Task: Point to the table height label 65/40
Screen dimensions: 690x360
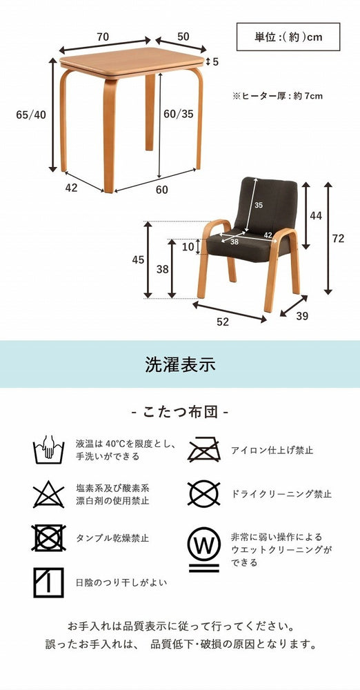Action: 30,115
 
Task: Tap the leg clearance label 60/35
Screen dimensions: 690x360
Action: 179,115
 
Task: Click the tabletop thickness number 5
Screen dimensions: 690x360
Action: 215,62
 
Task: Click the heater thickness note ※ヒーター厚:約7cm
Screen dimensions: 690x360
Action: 278,96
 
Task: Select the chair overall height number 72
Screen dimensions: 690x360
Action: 338,239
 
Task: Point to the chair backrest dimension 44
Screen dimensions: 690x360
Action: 316,216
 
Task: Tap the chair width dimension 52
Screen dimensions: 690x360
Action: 223,321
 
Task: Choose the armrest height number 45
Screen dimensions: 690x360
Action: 138,259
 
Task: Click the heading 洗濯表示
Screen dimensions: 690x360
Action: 180,363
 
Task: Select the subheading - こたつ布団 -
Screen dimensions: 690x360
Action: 179,412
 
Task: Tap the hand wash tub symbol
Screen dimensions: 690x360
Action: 49,450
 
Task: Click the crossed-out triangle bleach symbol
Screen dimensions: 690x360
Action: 49,495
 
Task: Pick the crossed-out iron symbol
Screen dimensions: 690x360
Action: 205,449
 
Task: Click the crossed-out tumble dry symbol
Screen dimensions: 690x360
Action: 49,538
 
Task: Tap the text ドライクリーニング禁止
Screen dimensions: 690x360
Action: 281,494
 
